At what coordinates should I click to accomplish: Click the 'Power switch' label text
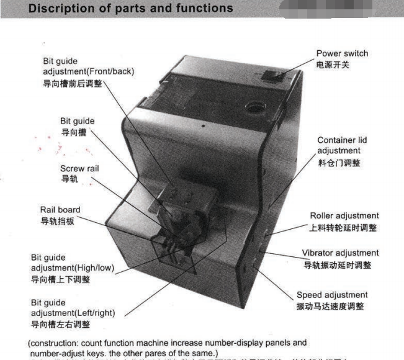[343, 53]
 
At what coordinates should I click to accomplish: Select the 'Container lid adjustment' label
[339, 146]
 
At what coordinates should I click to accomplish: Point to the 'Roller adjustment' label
[343, 216]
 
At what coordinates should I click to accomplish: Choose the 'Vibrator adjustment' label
[340, 253]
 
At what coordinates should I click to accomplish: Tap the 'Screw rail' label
[79, 168]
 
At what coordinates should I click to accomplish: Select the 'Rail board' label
[60, 210]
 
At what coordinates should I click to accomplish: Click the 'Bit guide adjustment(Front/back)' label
[88, 66]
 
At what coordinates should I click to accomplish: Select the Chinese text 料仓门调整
[339, 163]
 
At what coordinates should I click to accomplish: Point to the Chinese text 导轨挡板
[57, 221]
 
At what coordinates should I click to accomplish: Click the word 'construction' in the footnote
[55, 343]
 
